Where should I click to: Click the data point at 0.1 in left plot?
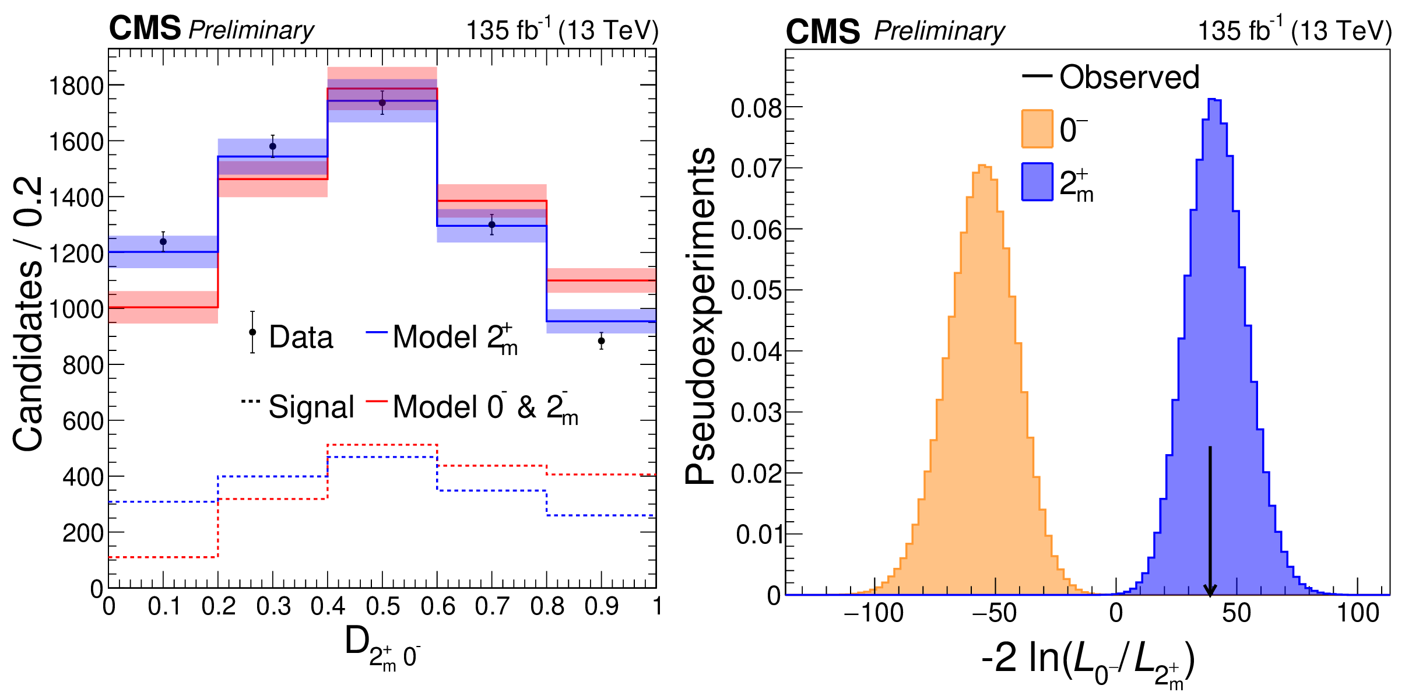163,241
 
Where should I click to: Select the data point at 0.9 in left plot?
601,340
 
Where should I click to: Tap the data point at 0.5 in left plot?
382,103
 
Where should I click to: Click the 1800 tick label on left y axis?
76,86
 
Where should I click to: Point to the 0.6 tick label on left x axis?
437,607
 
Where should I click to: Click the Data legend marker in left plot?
252,332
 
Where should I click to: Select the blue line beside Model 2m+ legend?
377,332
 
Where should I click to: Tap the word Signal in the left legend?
311,407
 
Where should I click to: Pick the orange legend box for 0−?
1037,128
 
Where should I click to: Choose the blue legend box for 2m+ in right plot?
1037,182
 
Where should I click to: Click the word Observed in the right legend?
1129,77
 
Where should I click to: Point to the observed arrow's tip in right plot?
1210,595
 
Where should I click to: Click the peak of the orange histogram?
984,167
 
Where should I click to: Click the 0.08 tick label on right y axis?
756,108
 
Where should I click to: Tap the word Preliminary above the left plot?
251,30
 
